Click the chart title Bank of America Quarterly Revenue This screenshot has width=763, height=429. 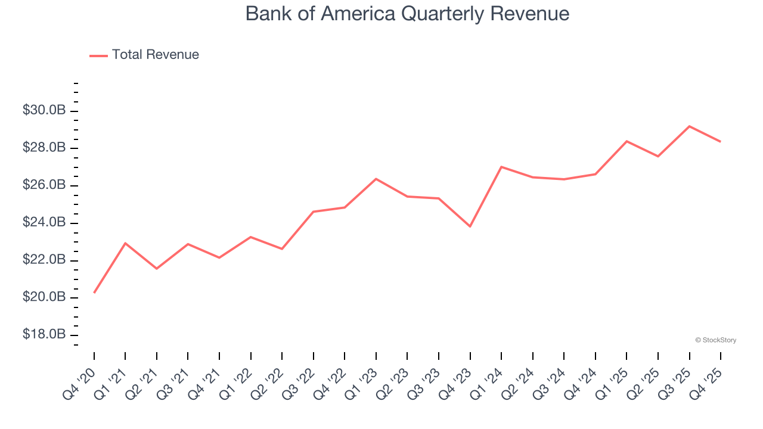tap(407, 14)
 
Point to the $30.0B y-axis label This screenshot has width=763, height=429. tap(44, 110)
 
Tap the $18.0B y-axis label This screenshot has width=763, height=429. tap(44, 334)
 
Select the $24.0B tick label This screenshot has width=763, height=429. tap(44, 222)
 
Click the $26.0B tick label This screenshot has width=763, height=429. tap(44, 185)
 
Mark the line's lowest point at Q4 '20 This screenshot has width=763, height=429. tap(94, 293)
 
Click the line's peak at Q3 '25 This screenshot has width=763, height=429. tap(690, 126)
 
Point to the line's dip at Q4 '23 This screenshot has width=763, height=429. tap(470, 226)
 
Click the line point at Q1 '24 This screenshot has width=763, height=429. tap(501, 167)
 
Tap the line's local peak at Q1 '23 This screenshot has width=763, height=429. tap(376, 179)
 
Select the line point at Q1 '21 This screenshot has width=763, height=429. tap(125, 243)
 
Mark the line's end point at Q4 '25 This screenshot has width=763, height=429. tap(721, 142)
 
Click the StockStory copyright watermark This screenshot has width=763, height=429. tap(715, 340)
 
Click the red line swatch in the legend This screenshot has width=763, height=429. tap(98, 55)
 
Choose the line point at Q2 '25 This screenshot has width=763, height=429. tap(658, 156)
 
